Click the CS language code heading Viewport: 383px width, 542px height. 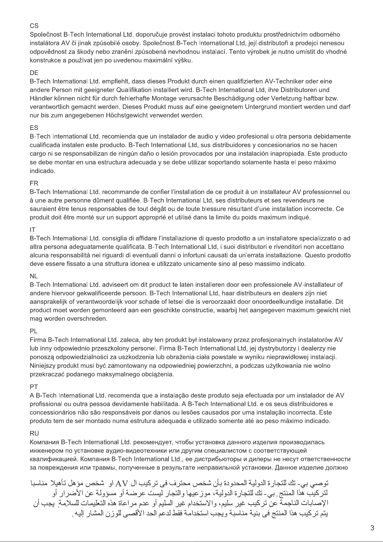point(34,26)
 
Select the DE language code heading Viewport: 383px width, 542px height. point(34,73)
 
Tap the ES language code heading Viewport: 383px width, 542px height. point(34,128)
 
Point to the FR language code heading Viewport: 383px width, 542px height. point(34,183)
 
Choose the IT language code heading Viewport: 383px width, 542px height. point(32,230)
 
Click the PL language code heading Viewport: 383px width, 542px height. point(33,331)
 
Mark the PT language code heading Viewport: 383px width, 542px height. point(34,387)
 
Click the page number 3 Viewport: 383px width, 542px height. point(372,528)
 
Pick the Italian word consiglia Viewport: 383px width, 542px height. point(114,238)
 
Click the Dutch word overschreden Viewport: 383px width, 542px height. point(87,319)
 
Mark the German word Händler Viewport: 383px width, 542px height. point(40,98)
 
